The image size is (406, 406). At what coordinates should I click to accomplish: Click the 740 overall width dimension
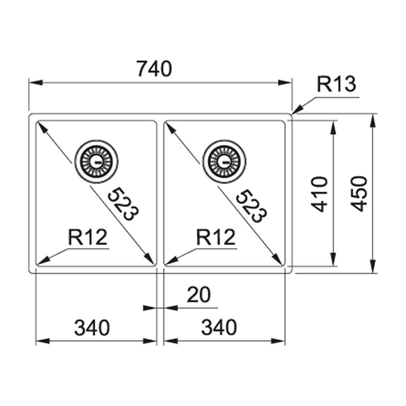[154, 69]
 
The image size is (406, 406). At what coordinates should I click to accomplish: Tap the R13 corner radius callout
[336, 85]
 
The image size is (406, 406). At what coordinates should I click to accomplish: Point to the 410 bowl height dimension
[321, 194]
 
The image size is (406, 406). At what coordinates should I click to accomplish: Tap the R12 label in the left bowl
[87, 238]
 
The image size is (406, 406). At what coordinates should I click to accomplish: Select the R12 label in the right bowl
[216, 238]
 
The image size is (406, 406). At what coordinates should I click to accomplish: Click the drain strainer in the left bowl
[97, 161]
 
